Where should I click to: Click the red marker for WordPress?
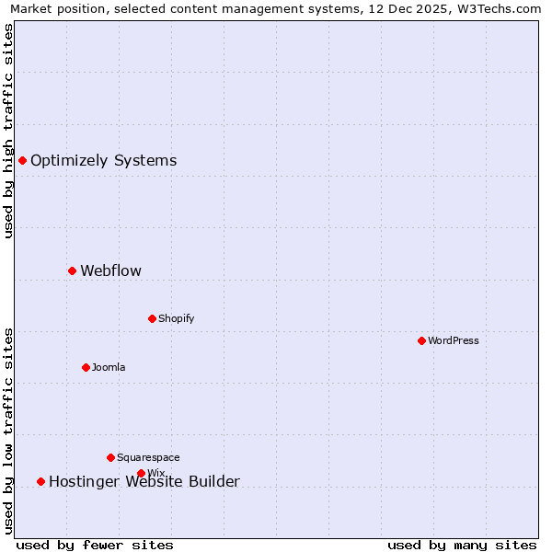point(421,340)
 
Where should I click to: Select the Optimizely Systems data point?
point(22,160)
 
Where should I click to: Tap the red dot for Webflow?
point(72,270)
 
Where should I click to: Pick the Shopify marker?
point(152,318)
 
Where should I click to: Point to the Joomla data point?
point(86,367)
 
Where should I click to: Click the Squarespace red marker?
point(110,457)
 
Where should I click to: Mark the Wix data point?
point(141,473)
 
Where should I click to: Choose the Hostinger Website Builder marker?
point(40,481)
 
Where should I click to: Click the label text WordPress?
point(454,340)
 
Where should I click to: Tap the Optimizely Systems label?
point(103,160)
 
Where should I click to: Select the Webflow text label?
point(110,270)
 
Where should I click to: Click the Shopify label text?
point(176,318)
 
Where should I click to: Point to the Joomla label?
point(109,367)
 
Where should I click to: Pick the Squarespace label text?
point(148,457)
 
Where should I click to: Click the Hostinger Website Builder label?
point(144,481)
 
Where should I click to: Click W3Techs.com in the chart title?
point(502,9)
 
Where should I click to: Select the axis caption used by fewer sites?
point(95,545)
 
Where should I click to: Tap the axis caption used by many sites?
point(462,545)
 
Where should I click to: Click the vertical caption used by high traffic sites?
point(9,131)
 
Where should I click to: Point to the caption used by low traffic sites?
point(9,431)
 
